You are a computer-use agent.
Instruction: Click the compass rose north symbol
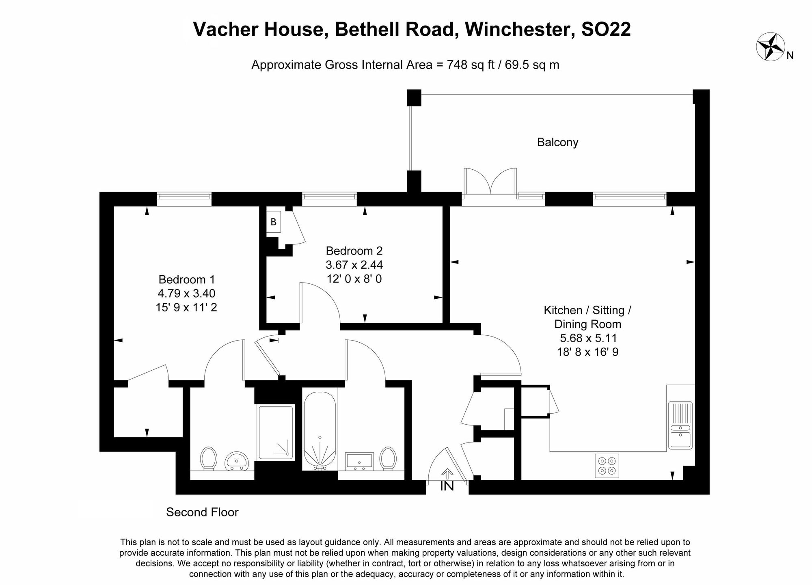(770, 47)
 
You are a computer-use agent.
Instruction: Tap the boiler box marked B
(274, 222)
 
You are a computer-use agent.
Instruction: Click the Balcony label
(557, 142)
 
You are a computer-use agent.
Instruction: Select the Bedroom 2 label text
(354, 251)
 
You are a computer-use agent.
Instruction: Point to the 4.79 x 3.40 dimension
(186, 293)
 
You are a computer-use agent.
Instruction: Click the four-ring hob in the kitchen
(607, 466)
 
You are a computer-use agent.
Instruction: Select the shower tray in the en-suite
(276, 432)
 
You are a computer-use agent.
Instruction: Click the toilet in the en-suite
(209, 458)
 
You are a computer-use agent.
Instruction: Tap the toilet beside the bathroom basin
(388, 458)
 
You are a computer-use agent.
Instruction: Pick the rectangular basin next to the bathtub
(359, 461)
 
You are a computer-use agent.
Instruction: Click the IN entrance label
(447, 486)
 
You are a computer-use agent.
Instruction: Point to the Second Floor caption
(202, 512)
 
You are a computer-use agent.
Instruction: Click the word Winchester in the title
(519, 29)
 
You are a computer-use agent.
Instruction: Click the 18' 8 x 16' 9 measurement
(587, 352)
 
